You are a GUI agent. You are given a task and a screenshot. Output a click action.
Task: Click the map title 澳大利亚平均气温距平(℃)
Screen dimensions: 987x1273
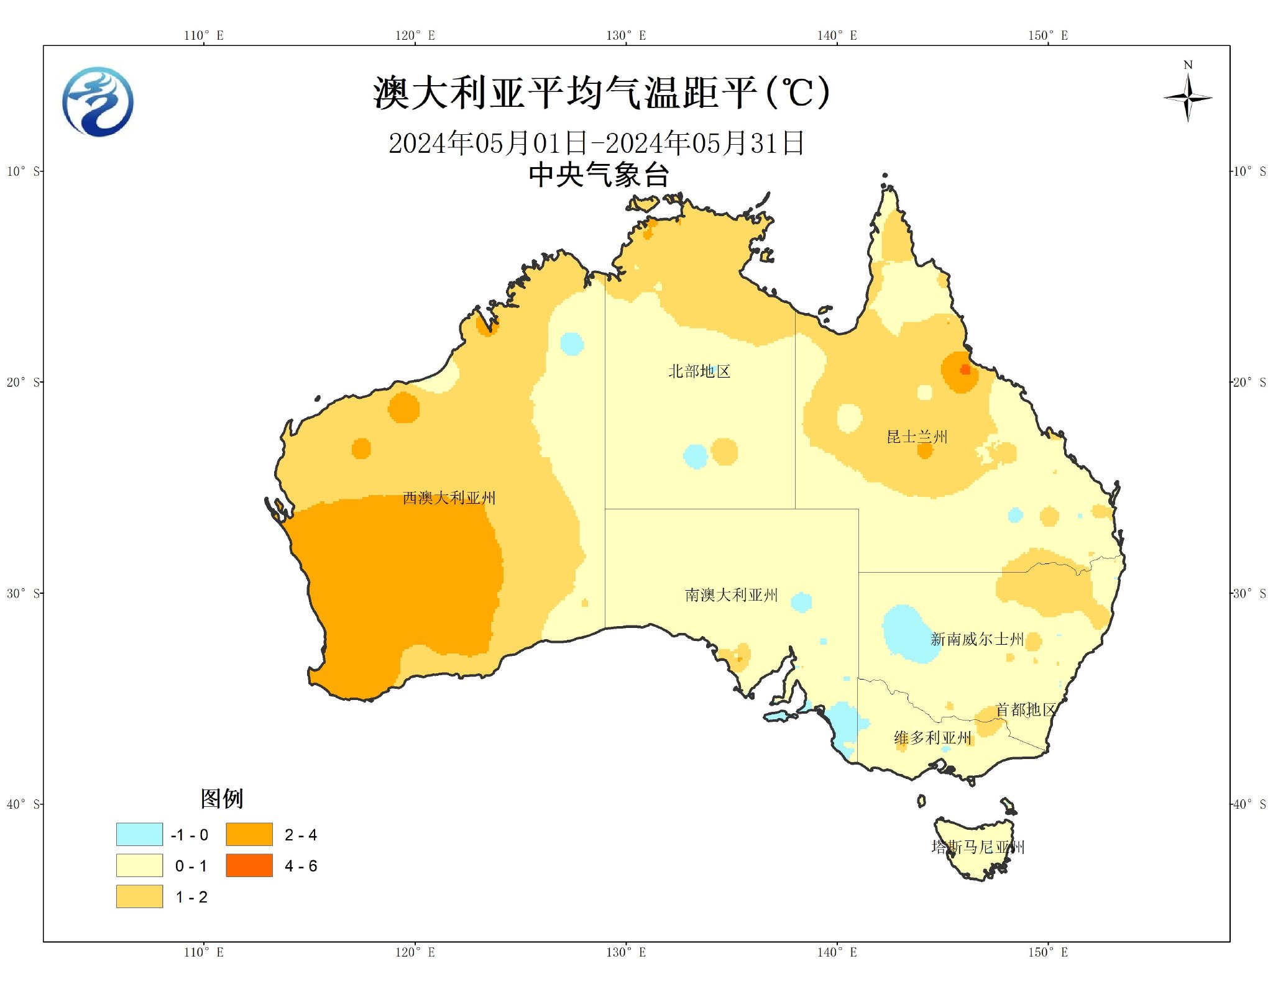point(600,93)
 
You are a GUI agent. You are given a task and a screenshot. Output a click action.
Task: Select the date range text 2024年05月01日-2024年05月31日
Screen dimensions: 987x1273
point(596,143)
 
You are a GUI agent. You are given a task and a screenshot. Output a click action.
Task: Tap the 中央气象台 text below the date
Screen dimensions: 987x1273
point(599,175)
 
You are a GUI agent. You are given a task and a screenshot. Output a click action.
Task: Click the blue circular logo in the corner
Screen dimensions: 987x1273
point(98,102)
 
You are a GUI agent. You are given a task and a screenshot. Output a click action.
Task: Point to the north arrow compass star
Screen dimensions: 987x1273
point(1187,98)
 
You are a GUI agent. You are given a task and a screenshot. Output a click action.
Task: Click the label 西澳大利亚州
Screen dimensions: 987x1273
point(449,498)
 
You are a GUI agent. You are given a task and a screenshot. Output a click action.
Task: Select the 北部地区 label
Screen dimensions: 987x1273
point(699,371)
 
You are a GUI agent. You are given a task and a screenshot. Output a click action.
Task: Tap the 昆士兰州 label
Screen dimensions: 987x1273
point(917,437)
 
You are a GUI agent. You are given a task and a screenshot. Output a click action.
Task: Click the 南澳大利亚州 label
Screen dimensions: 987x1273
point(731,595)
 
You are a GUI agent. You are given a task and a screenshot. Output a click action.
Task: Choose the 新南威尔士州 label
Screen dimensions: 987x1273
point(977,639)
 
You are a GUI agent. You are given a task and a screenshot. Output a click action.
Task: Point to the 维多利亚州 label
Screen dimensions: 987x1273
point(932,738)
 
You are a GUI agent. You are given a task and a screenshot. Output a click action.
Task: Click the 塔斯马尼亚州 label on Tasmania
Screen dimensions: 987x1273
point(977,847)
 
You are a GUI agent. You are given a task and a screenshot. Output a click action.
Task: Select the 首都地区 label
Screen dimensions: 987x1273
point(1025,709)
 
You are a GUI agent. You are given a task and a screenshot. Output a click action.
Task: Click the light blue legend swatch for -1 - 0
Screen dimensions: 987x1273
point(139,834)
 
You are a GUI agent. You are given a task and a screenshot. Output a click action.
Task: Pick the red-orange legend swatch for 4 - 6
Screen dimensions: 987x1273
point(249,865)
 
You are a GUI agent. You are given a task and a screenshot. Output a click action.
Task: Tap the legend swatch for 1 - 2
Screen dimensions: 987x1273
point(139,896)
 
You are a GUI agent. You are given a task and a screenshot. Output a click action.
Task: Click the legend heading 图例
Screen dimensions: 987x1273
point(221,798)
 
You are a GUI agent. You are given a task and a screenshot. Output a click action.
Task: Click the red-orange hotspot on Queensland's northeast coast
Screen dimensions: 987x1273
point(965,369)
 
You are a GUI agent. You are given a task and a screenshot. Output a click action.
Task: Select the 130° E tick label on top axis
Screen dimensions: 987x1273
point(626,35)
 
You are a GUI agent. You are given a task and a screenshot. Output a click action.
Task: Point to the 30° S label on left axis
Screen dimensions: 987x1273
point(22,593)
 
